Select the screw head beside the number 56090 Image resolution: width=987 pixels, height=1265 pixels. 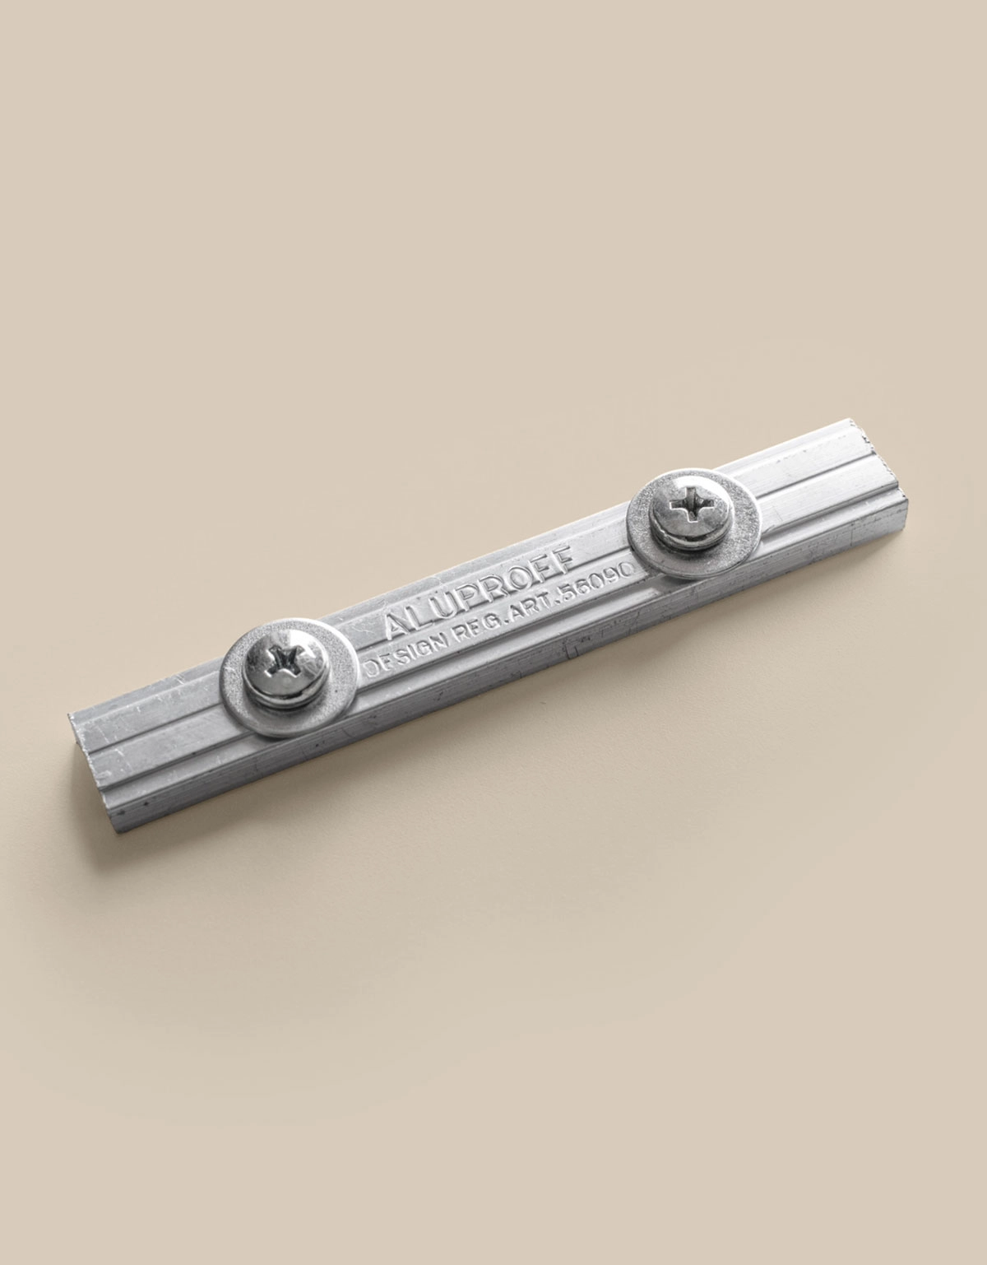(x=692, y=511)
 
